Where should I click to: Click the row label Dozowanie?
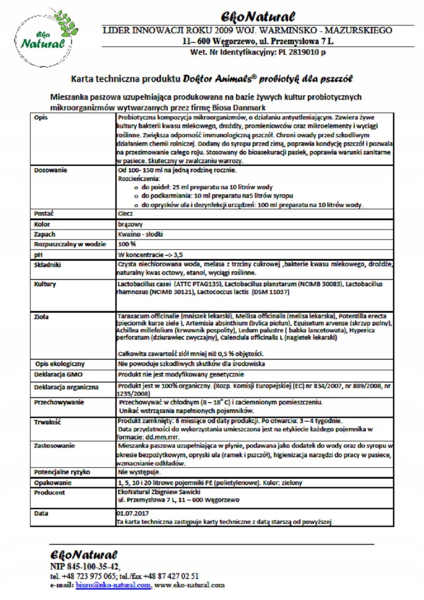coord(51,171)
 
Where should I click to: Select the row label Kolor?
coord(42,224)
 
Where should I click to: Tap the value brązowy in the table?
coord(130,224)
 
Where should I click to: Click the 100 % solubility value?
coord(127,244)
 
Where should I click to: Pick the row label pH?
coord(38,255)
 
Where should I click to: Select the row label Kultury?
coord(45,284)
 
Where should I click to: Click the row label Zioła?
coord(41,316)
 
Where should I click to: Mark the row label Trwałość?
coord(47,422)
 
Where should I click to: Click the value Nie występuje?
coord(139,472)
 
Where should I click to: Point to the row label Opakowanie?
coord(53,482)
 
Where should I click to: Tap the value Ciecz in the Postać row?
coord(125,213)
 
